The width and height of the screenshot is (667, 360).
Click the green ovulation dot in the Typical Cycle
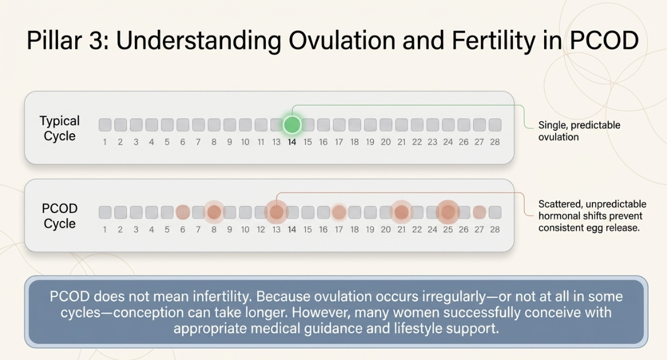point(292,125)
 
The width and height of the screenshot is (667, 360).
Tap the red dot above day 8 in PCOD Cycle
point(214,212)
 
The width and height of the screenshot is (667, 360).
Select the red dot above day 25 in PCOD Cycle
point(448,212)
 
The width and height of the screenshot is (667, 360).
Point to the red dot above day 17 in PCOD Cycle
point(339,212)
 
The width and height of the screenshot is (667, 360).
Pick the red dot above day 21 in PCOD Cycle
point(401,212)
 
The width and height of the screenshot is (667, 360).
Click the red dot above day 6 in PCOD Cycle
point(183,212)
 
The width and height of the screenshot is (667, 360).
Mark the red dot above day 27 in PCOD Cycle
point(479,212)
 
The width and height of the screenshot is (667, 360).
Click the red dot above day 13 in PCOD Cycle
point(277,212)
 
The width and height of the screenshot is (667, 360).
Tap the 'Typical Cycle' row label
point(60,129)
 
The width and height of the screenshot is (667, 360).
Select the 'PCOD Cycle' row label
point(60,216)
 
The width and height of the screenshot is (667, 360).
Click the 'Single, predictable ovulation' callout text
point(579,131)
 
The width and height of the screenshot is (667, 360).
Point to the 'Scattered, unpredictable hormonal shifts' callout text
point(592,216)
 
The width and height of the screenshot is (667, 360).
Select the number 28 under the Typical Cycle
point(495,142)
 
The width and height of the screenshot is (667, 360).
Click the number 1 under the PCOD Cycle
point(105,230)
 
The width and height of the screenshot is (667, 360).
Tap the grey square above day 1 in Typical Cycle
point(105,125)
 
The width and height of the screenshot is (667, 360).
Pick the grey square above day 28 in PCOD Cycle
point(495,212)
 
